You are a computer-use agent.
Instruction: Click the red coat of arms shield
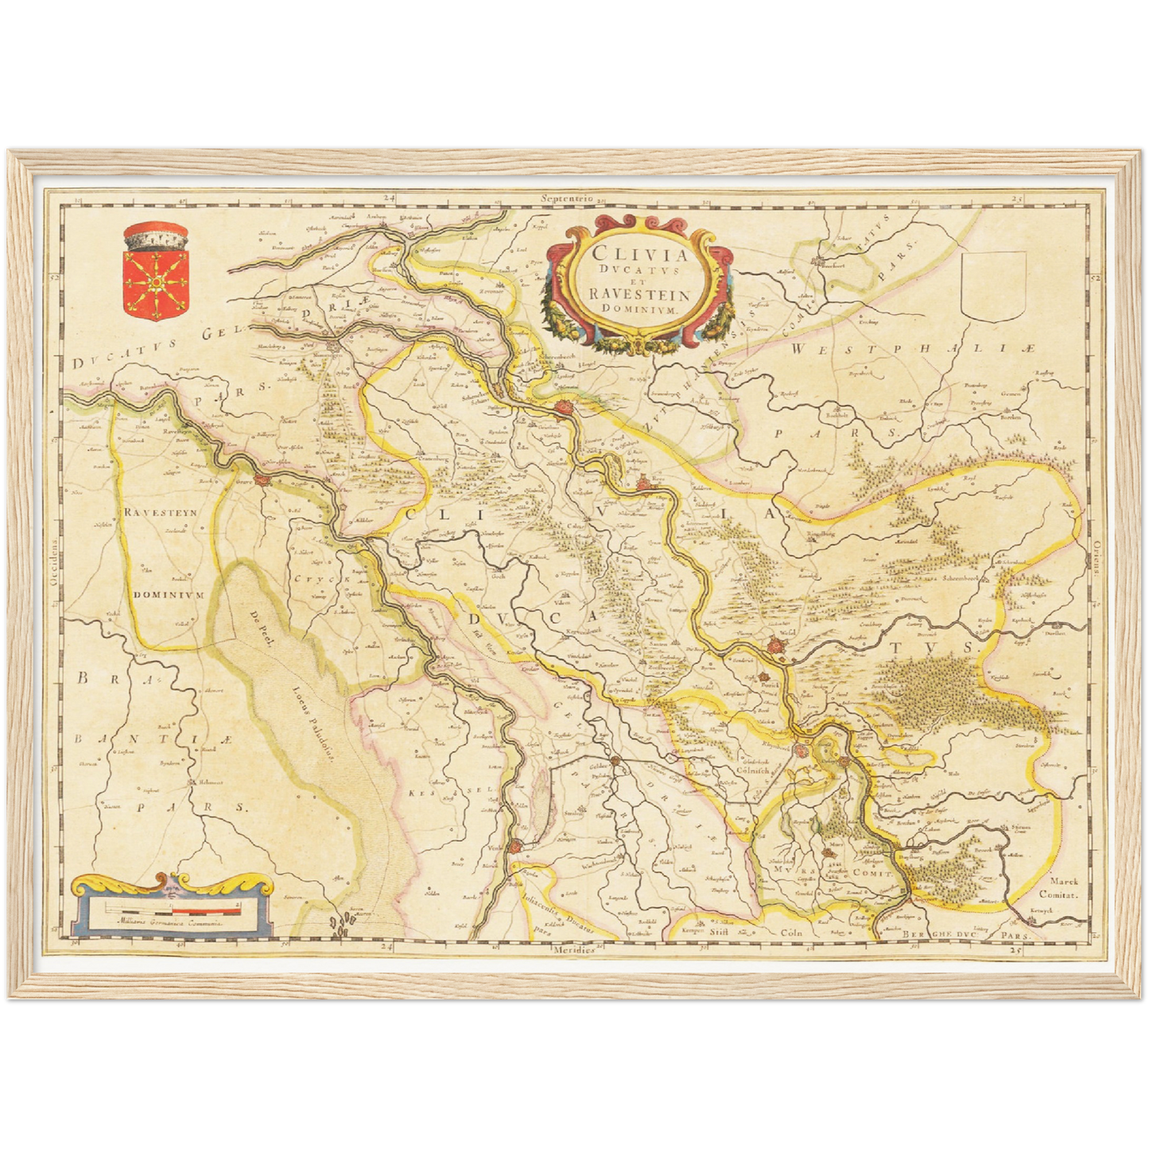tap(155, 280)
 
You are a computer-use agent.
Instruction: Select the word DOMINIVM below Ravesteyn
tap(169, 594)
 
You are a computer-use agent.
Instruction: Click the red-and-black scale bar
tap(171, 907)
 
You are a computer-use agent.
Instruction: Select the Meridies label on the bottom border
tap(575, 950)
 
